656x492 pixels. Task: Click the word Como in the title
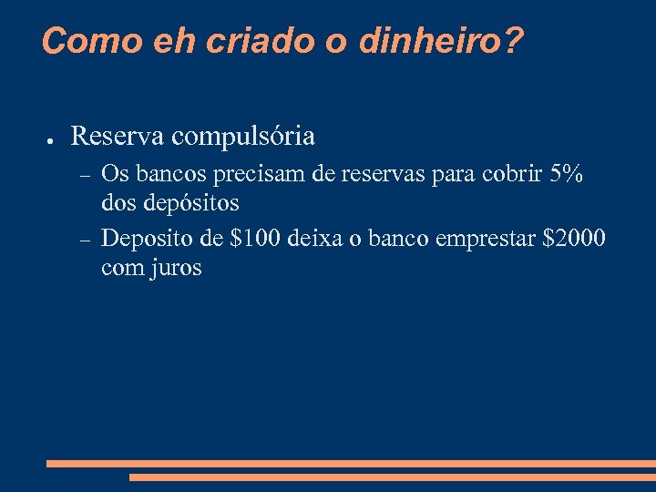tap(81, 41)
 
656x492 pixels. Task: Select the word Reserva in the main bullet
tap(118, 137)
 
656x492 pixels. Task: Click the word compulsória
tap(243, 137)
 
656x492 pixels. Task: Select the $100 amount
tap(256, 240)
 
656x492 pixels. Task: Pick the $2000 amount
tap(573, 240)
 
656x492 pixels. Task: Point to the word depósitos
tap(196, 202)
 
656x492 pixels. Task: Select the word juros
tap(177, 269)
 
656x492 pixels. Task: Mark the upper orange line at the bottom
tap(351, 464)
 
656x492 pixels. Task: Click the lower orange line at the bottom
tap(392, 477)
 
